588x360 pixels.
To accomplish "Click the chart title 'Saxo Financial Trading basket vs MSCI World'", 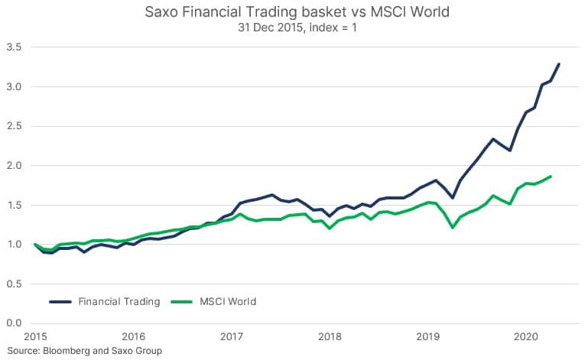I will point(294,13).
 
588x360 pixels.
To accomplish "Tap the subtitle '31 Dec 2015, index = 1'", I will point(294,29).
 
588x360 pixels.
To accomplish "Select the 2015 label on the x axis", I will point(35,336).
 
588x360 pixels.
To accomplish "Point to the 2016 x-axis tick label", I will point(133,336).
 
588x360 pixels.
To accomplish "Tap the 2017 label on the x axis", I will point(232,336).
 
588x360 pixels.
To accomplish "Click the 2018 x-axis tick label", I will point(330,336).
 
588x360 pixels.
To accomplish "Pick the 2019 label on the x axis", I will point(428,336).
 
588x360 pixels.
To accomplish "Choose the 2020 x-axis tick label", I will point(526,336).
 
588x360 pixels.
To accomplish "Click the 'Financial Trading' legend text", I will point(119,301).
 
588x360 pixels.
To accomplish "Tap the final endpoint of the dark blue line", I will point(559,64).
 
